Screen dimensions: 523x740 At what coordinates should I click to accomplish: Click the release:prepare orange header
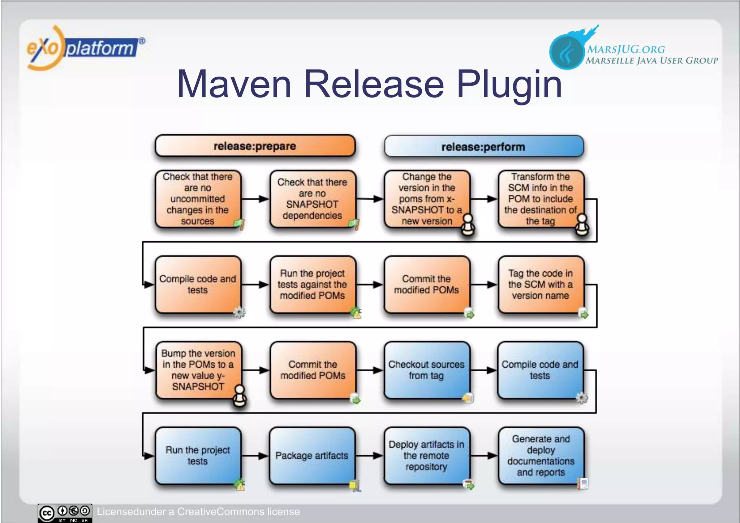(255, 146)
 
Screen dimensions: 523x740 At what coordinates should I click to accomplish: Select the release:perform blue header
(483, 147)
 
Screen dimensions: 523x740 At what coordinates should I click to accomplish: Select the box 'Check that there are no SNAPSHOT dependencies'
(312, 199)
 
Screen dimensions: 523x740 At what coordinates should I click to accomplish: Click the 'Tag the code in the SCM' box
(540, 284)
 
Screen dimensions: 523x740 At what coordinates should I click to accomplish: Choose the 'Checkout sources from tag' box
(426, 370)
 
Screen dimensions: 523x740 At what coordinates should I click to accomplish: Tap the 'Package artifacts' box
(311, 455)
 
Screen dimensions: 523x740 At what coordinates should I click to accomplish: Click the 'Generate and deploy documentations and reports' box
(541, 455)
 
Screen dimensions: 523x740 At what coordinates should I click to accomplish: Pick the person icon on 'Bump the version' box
(240, 396)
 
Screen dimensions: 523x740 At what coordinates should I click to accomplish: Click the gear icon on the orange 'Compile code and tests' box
(239, 312)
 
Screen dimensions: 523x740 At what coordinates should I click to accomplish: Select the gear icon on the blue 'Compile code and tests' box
(582, 398)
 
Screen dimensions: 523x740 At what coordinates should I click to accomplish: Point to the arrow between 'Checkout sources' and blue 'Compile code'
(483, 370)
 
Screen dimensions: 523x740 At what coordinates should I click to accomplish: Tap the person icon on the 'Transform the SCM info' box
(582, 225)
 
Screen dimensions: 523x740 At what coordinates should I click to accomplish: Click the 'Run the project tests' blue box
(198, 455)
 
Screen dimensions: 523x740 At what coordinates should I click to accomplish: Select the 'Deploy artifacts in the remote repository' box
(426, 455)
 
